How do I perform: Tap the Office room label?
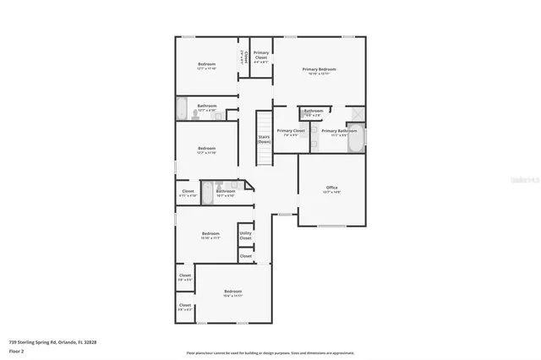tap(332, 188)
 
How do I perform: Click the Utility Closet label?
tap(245, 236)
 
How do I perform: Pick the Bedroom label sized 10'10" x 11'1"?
tap(210, 235)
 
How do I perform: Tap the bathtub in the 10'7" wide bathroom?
tap(207, 191)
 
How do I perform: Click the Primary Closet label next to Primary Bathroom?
tap(291, 132)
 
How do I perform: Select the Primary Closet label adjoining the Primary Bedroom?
tap(261, 57)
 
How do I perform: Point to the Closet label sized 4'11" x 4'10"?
tap(188, 193)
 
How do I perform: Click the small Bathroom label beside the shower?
tap(314, 112)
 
